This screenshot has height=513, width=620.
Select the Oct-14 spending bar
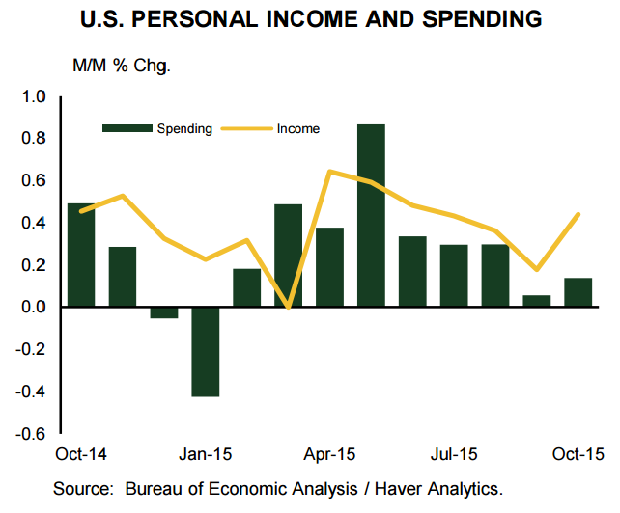click(x=80, y=255)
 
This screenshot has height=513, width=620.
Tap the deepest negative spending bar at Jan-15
click(x=205, y=351)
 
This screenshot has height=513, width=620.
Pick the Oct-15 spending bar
click(x=578, y=292)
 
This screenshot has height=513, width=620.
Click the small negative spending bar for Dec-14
click(x=163, y=312)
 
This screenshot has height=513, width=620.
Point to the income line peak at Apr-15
click(x=329, y=172)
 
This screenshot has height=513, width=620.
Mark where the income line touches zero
click(x=288, y=307)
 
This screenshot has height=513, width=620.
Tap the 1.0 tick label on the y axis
click(x=34, y=96)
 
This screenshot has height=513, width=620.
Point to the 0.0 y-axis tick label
click(x=34, y=307)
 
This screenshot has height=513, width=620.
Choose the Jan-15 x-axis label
click(x=206, y=453)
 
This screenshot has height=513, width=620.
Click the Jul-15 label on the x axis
click(x=454, y=453)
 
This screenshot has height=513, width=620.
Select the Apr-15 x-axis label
click(x=330, y=453)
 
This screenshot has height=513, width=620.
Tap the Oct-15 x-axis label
click(x=578, y=453)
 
